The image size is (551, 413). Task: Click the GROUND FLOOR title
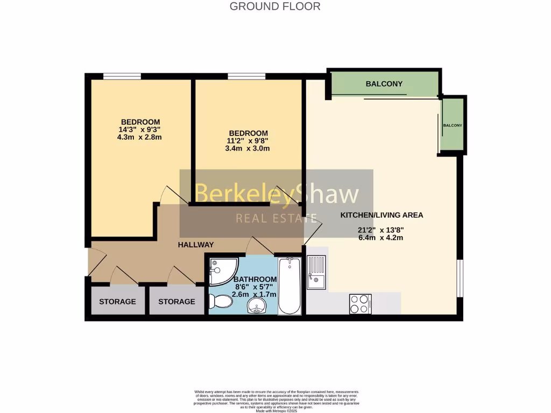tap(275, 6)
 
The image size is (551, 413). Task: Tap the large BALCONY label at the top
tap(384, 84)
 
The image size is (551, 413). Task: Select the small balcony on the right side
tap(452, 125)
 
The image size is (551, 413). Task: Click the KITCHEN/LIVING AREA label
tap(382, 215)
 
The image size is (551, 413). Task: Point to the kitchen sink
tap(316, 272)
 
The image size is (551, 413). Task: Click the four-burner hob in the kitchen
tap(360, 304)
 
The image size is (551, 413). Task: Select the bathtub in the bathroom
tap(290, 286)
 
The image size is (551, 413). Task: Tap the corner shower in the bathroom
tap(221, 272)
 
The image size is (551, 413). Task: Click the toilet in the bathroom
tap(220, 301)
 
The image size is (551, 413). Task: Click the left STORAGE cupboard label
tap(117, 302)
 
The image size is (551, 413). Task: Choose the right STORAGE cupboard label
tap(176, 302)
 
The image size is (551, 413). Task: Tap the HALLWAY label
tap(196, 245)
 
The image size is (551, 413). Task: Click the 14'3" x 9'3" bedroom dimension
tap(140, 130)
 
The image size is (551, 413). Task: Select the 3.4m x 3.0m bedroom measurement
tap(248, 148)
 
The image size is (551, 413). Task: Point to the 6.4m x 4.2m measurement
tap(381, 238)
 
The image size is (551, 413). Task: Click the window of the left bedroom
tap(122, 76)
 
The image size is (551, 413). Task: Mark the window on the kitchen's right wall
tap(460, 278)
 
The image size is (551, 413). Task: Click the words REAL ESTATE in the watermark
tap(277, 218)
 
